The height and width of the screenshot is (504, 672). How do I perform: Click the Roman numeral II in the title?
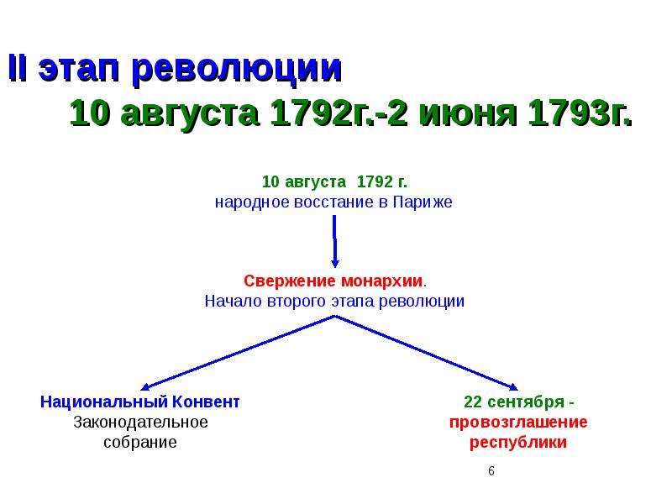18,68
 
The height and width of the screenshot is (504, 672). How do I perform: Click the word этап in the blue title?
78,70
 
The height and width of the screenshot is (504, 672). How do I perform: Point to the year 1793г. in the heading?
580,113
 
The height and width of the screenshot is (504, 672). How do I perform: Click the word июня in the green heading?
467,114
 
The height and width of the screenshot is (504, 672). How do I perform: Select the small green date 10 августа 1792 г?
334,181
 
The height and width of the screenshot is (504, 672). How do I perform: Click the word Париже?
423,202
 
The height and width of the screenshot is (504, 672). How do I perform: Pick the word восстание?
334,202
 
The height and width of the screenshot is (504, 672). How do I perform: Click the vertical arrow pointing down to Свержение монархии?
334,241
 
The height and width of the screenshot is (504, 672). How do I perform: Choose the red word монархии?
382,281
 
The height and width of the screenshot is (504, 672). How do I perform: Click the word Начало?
234,301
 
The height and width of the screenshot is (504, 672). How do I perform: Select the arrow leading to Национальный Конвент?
238,353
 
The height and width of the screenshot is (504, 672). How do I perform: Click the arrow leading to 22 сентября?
427,353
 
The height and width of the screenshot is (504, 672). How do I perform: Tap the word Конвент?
205,402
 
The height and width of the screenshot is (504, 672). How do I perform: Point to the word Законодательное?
140,423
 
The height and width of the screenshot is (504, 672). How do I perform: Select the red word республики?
518,443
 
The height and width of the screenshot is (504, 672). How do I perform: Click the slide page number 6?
491,471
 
